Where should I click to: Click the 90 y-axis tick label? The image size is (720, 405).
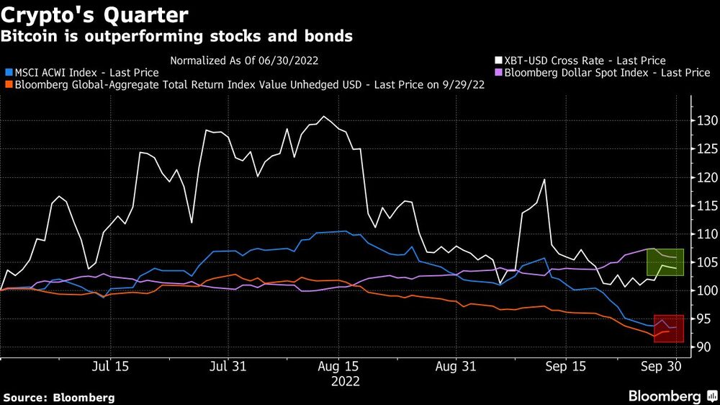tap(704, 347)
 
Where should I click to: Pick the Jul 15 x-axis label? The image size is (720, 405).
tap(111, 366)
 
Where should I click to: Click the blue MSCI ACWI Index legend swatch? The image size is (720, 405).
tap(8, 73)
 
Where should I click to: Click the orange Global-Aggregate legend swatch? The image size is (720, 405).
tap(8, 84)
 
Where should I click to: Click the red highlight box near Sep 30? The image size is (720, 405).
tap(668, 329)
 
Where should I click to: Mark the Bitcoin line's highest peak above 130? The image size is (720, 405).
tap(325, 117)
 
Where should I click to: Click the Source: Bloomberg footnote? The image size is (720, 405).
tap(58, 397)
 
